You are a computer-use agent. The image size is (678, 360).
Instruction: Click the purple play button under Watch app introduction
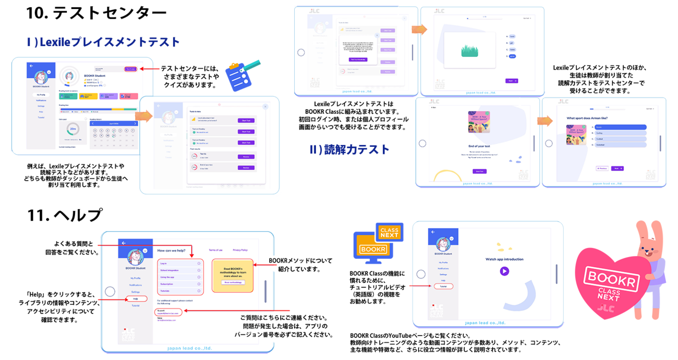(504, 271)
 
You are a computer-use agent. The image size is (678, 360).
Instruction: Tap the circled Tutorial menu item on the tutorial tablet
(443, 286)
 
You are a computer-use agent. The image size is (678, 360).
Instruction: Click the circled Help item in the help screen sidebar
(136, 299)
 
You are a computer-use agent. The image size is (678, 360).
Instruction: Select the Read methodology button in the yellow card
(233, 282)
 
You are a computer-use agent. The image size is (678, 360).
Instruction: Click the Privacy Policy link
(240, 250)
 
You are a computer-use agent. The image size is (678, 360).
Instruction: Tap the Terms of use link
(216, 250)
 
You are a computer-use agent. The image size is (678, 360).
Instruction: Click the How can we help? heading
(171, 250)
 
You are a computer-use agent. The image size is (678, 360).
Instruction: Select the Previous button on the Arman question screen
(602, 168)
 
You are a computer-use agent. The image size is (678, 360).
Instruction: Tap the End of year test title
(479, 146)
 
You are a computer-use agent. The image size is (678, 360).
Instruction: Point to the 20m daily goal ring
(73, 128)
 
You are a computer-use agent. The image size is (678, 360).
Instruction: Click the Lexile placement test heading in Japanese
(104, 42)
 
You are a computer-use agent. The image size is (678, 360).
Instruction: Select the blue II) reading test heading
(349, 150)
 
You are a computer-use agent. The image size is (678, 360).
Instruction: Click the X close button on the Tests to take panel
(265, 107)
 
